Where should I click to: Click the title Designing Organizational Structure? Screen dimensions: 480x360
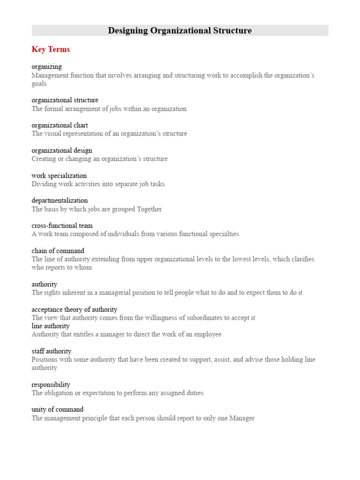tap(180, 31)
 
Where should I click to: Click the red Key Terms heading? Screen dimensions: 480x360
tap(51, 49)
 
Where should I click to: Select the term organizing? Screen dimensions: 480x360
tap(46, 67)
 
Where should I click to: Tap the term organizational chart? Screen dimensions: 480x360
tap(60, 125)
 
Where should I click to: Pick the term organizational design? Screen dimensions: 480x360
tap(62, 150)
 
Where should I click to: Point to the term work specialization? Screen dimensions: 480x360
tap(59, 176)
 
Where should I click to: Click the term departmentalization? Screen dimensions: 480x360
tap(60, 201)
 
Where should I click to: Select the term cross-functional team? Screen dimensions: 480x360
tap(62, 225)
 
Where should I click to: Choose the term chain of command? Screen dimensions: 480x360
tap(58, 251)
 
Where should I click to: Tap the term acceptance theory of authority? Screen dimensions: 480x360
tap(75, 309)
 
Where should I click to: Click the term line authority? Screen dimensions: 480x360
tap(51, 326)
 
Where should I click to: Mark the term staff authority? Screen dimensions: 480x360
tap(52, 351)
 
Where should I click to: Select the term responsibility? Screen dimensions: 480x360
tap(51, 385)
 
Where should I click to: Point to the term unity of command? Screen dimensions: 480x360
tap(58, 409)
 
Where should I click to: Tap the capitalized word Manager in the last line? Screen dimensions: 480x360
tap(242, 418)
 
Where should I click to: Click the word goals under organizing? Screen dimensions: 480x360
tap(39, 83)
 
